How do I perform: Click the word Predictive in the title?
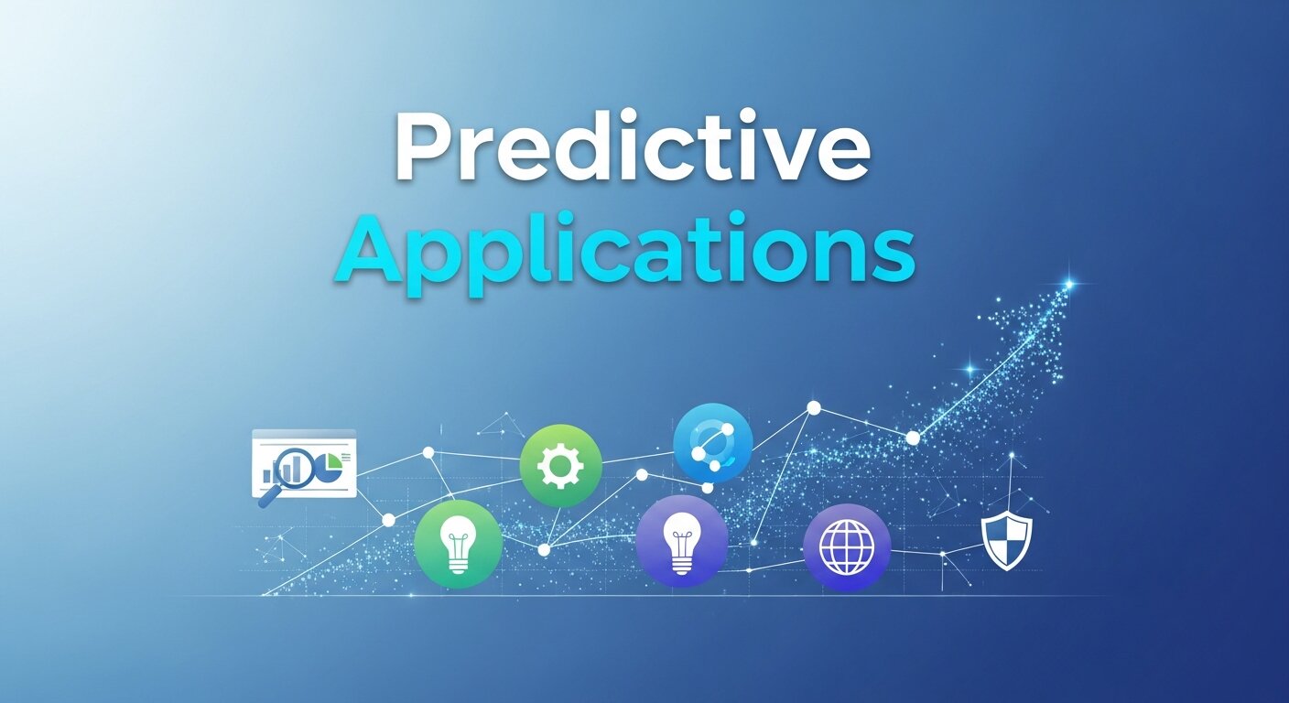[x=632, y=151]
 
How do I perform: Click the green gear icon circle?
[x=560, y=466]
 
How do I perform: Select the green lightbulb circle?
[x=458, y=544]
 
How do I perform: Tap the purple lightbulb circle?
[x=681, y=541]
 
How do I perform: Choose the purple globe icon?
[x=847, y=547]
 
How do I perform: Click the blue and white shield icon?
[x=1007, y=540]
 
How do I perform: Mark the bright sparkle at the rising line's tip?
[x=1067, y=285]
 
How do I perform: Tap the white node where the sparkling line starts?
[x=912, y=438]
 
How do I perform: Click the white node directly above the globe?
[x=813, y=407]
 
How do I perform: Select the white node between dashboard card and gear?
[x=428, y=452]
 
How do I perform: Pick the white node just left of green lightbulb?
[x=388, y=520]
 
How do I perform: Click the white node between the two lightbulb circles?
[x=544, y=550]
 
